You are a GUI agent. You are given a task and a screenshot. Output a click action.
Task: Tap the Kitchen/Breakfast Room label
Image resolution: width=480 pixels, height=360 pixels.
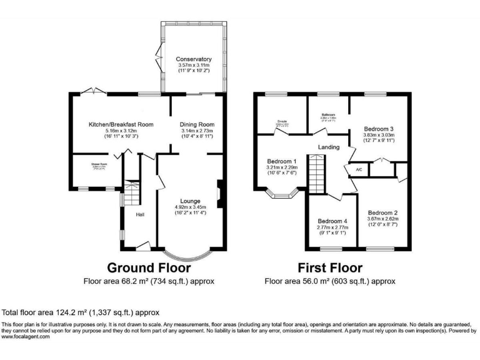click(x=112, y=124)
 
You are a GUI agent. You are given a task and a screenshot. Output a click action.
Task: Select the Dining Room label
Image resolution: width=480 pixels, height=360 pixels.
click(x=197, y=124)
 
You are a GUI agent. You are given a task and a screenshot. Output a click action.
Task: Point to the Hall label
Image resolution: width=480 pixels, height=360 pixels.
click(x=141, y=215)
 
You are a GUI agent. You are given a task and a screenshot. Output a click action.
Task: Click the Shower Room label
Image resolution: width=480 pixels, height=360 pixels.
click(x=96, y=164)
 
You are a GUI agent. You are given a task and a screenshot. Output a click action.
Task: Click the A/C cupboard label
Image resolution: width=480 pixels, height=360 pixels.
click(x=359, y=169)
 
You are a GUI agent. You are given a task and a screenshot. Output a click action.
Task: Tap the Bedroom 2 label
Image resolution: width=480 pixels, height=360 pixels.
click(x=383, y=213)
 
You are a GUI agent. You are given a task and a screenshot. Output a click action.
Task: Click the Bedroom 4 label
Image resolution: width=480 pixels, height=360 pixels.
click(x=332, y=221)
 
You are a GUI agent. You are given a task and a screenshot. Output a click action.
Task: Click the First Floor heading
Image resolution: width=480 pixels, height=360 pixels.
click(x=329, y=268)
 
